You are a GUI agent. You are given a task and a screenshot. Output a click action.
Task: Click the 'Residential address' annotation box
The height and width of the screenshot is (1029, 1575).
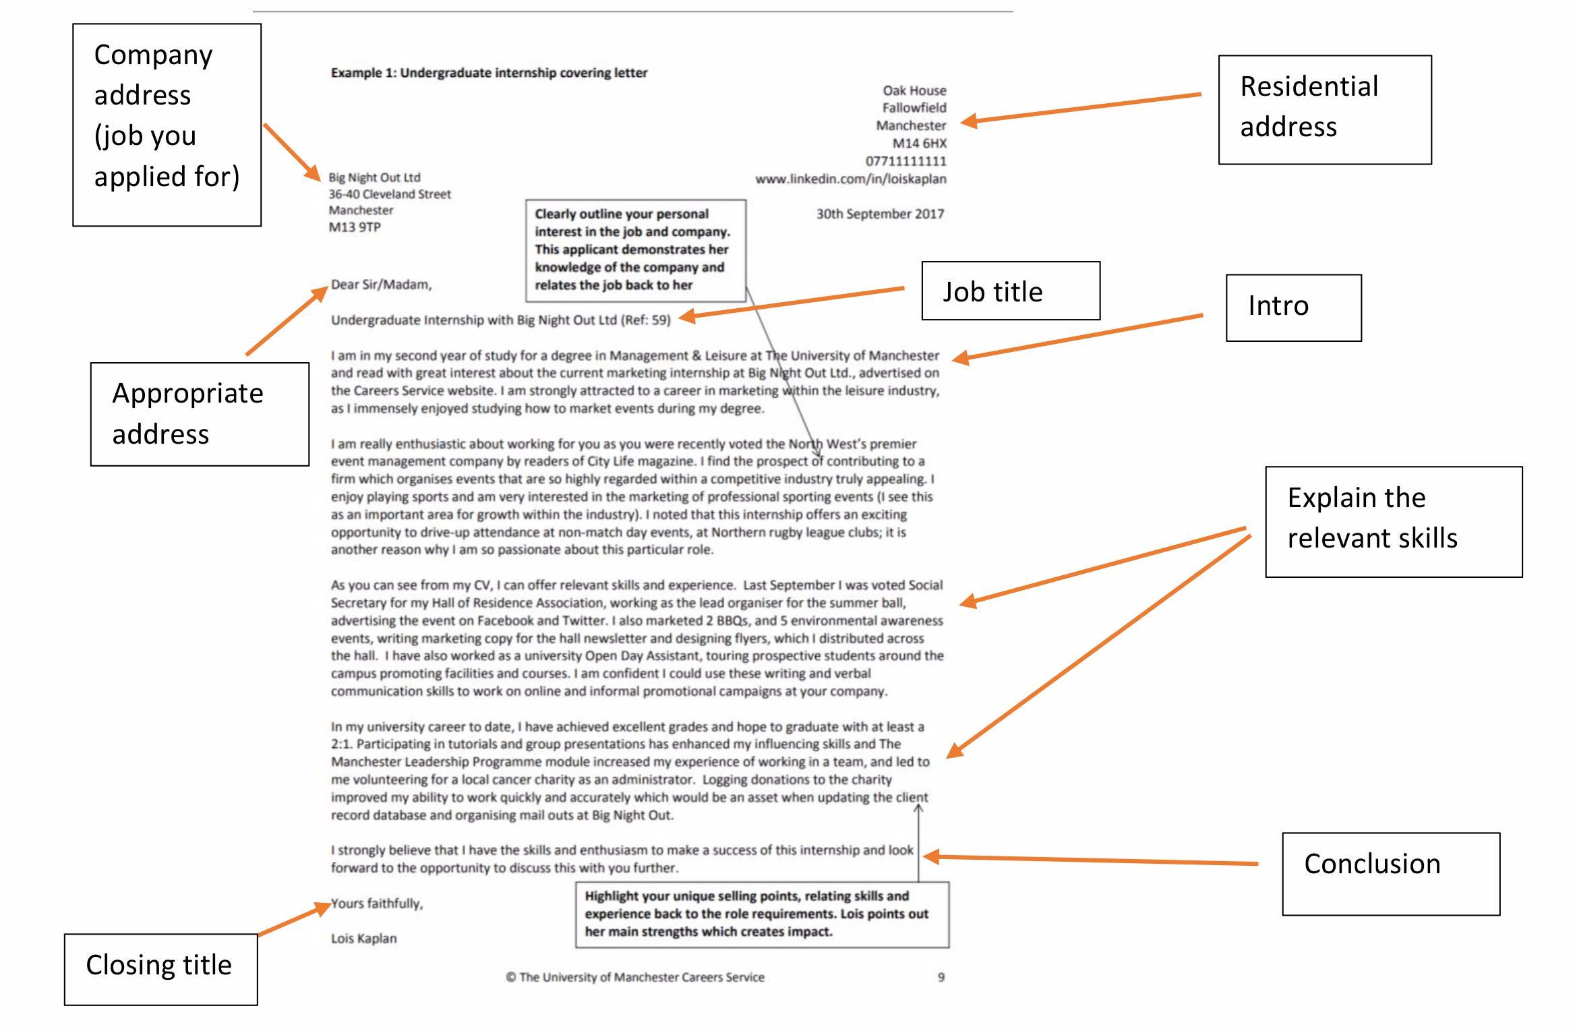pyautogui.click(x=1324, y=109)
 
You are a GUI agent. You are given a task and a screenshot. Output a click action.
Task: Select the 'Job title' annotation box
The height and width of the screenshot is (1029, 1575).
pyautogui.click(x=1010, y=291)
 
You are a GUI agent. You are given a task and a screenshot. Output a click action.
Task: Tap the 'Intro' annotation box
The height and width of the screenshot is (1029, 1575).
pyautogui.click(x=1292, y=307)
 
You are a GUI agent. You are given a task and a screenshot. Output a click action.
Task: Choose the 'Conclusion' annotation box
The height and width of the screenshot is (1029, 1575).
pyautogui.click(x=1390, y=873)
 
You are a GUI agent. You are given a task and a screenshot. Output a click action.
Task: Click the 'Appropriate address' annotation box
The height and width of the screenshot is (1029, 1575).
pyautogui.click(x=200, y=413)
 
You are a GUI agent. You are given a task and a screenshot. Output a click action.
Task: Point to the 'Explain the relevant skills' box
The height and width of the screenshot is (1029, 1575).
pyautogui.click(x=1393, y=521)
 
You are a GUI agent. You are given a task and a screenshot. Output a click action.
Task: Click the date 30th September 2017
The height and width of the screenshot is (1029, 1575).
pyautogui.click(x=880, y=214)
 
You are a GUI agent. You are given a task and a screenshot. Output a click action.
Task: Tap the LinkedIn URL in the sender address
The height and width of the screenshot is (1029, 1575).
pyautogui.click(x=850, y=179)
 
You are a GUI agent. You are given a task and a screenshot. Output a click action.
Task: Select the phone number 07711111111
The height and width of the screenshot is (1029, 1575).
pyautogui.click(x=905, y=161)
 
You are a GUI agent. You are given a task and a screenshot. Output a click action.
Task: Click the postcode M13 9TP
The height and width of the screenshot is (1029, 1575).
pyautogui.click(x=355, y=227)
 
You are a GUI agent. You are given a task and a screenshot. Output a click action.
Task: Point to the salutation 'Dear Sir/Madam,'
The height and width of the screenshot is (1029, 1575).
pyautogui.click(x=381, y=285)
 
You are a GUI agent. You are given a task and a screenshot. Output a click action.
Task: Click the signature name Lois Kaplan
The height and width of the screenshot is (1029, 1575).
pyautogui.click(x=363, y=938)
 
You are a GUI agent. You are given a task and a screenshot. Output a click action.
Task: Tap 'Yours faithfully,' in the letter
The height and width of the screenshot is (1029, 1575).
pyautogui.click(x=377, y=903)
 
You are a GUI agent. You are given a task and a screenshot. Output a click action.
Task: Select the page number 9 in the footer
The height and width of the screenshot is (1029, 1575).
pyautogui.click(x=941, y=977)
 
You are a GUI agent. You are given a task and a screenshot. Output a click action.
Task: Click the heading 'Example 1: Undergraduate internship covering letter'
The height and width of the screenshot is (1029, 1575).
pyautogui.click(x=489, y=73)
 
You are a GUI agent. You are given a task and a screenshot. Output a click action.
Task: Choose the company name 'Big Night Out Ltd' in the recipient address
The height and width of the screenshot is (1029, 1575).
pyautogui.click(x=374, y=177)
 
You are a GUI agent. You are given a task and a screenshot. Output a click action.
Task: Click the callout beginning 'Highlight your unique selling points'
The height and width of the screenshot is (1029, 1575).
pyautogui.click(x=762, y=914)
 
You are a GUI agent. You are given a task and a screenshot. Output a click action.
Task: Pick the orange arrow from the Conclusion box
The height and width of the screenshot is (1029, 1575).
pyautogui.click(x=1092, y=860)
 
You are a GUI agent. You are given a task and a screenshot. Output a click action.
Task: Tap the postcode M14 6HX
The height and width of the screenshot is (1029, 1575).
pyautogui.click(x=919, y=143)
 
